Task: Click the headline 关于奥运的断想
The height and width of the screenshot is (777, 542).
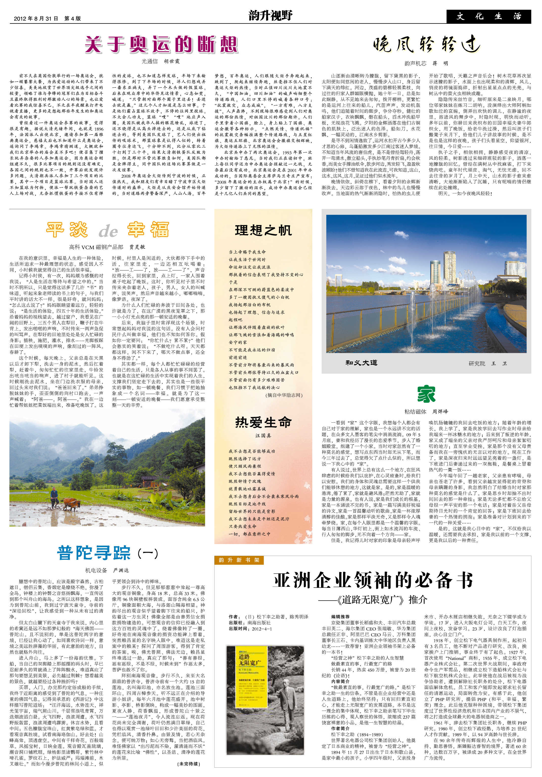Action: (161, 45)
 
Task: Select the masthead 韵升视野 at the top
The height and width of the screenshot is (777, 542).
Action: (270, 16)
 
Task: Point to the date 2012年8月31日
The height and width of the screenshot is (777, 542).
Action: (36, 19)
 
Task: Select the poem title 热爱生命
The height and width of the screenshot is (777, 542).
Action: (263, 422)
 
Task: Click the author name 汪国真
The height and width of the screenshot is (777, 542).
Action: (263, 436)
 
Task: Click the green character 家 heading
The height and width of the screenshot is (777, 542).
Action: (426, 394)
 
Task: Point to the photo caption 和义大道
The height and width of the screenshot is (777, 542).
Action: (361, 363)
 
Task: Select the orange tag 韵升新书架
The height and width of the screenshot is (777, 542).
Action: (239, 560)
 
